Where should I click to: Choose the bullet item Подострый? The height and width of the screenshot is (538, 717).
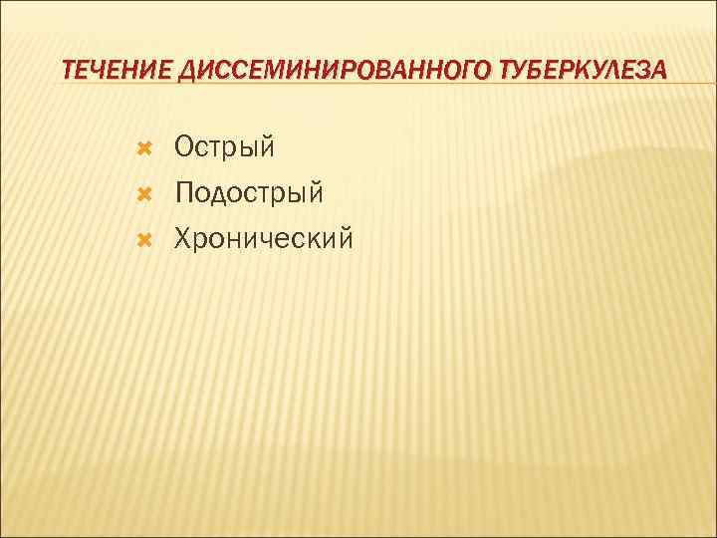(249, 193)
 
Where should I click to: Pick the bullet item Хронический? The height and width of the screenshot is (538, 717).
(263, 238)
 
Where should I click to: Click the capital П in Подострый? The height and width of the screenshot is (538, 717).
(184, 193)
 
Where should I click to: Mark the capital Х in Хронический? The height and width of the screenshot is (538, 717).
(183, 238)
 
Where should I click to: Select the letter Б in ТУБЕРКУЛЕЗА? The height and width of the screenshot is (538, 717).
(531, 70)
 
